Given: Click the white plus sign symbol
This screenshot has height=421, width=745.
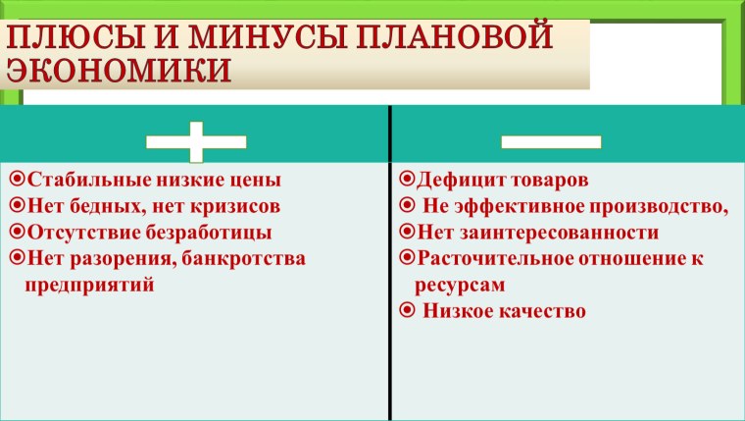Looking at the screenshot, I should point(195,141).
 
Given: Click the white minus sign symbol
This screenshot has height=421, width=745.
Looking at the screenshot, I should point(551,141).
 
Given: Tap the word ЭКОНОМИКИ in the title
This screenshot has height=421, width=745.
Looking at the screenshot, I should point(120,70).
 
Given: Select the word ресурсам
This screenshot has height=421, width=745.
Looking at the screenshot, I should point(460,285).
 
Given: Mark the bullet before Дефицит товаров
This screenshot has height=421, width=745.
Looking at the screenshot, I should point(408,181).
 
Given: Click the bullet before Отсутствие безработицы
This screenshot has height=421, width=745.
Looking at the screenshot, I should point(17,233).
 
